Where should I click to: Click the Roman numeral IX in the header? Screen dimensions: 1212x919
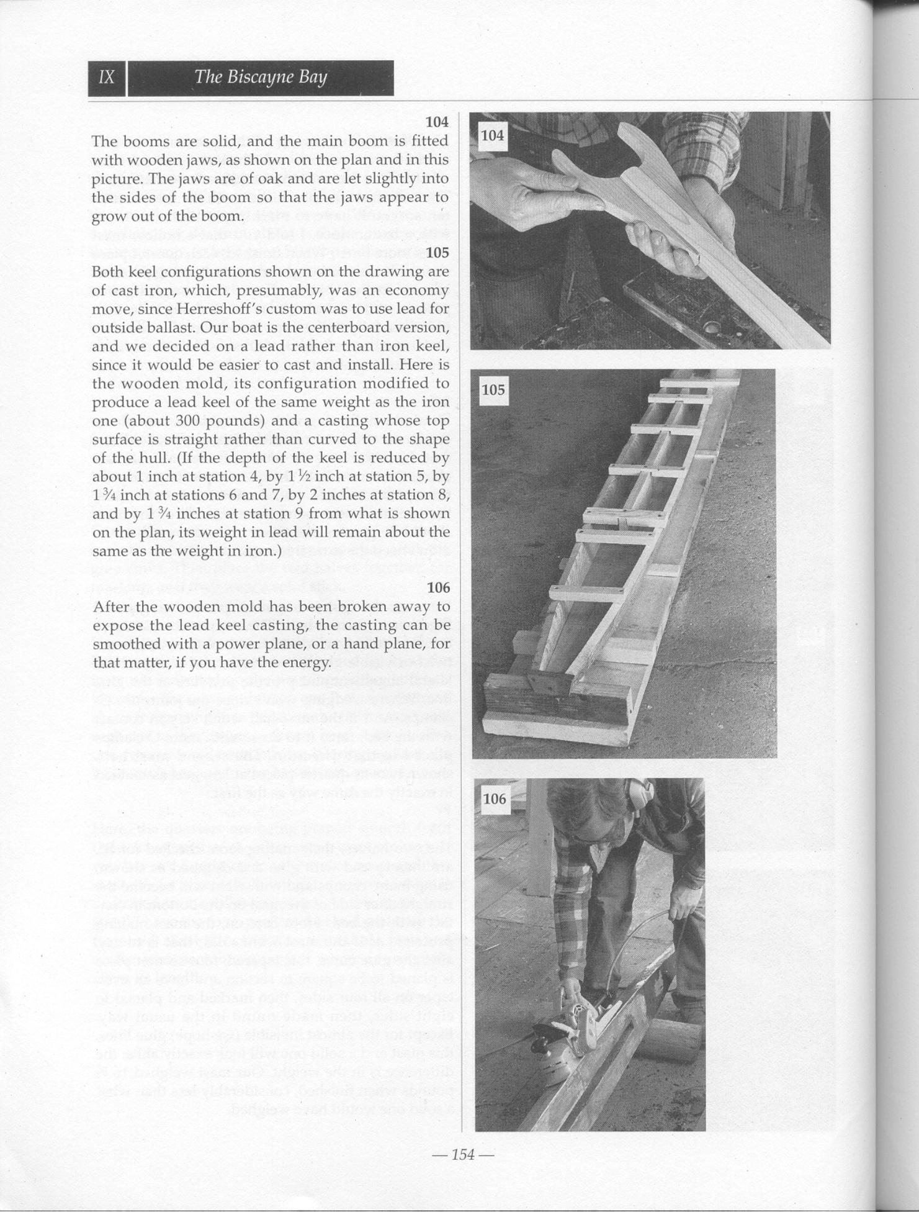(x=107, y=78)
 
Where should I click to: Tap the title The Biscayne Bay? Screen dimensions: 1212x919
(x=260, y=78)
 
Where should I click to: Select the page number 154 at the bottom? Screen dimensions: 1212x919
(x=463, y=1154)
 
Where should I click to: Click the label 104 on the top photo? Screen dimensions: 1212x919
(x=493, y=135)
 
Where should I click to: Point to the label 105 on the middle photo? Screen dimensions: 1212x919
(x=494, y=390)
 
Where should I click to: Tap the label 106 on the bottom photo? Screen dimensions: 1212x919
(x=495, y=798)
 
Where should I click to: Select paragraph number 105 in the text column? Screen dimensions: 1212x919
(x=437, y=253)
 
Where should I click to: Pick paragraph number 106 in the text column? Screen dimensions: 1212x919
(x=437, y=587)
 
